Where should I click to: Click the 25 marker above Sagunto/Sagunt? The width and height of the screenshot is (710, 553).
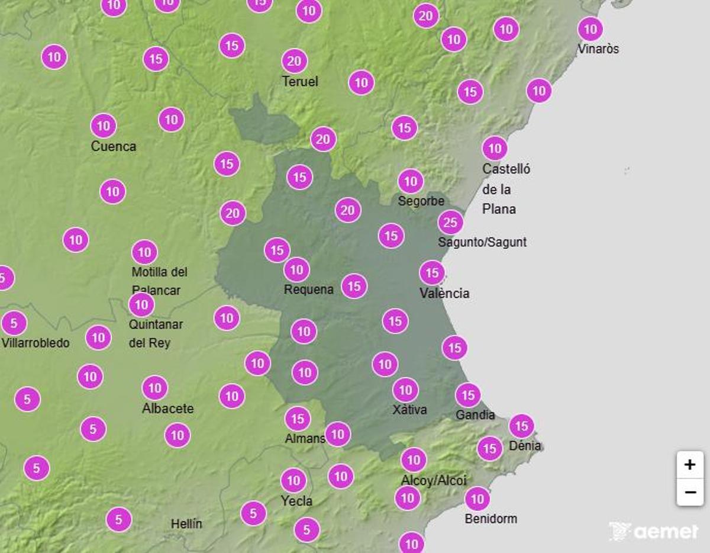pyautogui.click(x=450, y=223)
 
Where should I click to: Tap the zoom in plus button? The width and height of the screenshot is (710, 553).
pyautogui.click(x=690, y=465)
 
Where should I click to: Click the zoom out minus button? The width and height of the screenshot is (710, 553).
pyautogui.click(x=690, y=492)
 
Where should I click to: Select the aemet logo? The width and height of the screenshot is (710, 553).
pyautogui.click(x=654, y=531)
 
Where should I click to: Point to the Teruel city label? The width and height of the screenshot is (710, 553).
pyautogui.click(x=300, y=82)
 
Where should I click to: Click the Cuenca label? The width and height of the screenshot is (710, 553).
pyautogui.click(x=114, y=146)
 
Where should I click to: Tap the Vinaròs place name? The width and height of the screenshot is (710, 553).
pyautogui.click(x=598, y=49)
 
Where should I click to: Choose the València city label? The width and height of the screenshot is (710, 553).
pyautogui.click(x=444, y=293)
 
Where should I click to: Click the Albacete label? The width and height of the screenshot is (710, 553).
pyautogui.click(x=168, y=409)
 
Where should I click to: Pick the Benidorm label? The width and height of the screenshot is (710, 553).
pyautogui.click(x=490, y=519)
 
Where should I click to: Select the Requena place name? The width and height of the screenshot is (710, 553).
pyautogui.click(x=309, y=290)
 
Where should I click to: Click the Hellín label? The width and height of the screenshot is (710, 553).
pyautogui.click(x=186, y=524)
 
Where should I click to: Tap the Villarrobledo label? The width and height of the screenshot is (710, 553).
pyautogui.click(x=35, y=343)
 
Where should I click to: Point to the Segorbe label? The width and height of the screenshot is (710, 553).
pyautogui.click(x=421, y=201)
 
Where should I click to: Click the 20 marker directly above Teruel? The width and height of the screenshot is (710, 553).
pyautogui.click(x=295, y=61)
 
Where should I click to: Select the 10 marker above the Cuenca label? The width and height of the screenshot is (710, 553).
pyautogui.click(x=104, y=126)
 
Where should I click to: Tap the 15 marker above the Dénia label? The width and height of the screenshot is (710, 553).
pyautogui.click(x=521, y=426)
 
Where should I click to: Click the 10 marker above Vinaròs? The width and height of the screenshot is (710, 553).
pyautogui.click(x=590, y=29)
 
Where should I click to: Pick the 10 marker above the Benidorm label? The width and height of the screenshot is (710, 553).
pyautogui.click(x=477, y=499)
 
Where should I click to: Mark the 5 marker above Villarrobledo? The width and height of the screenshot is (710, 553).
pyautogui.click(x=14, y=323)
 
